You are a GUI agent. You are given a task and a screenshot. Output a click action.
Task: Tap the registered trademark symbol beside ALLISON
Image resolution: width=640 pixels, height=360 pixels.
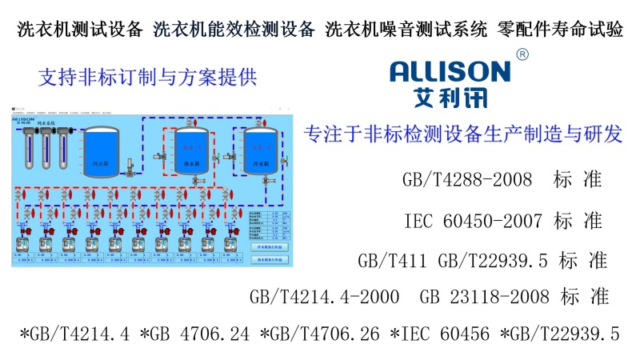point(522,54)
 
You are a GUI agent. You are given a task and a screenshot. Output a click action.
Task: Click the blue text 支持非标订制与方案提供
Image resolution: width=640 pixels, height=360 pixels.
point(146,78)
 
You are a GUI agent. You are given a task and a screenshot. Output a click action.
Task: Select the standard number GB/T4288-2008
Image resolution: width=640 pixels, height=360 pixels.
point(467,179)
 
